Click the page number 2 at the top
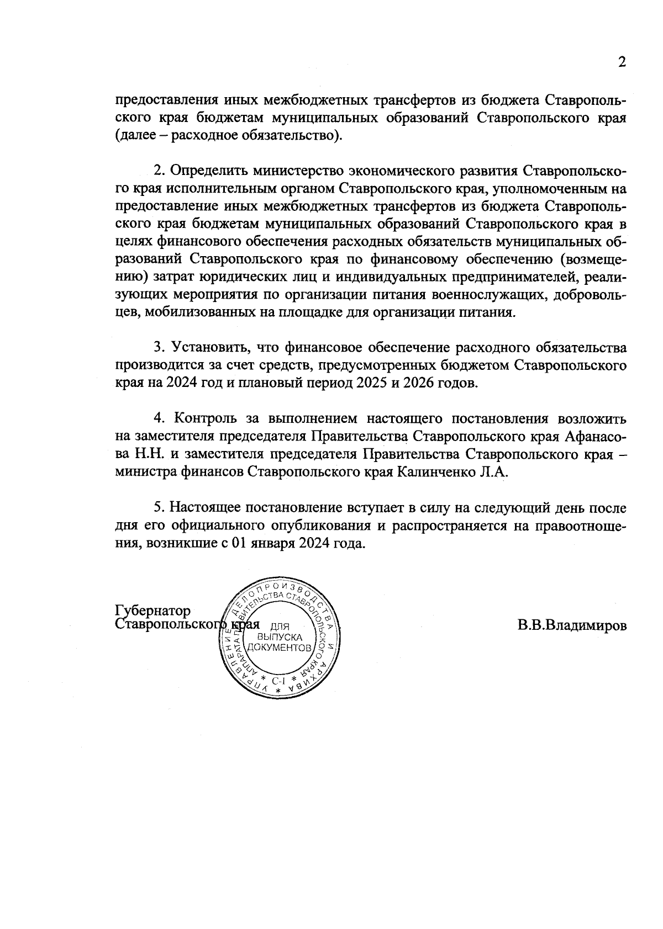tap(622, 62)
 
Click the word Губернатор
tap(152, 611)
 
